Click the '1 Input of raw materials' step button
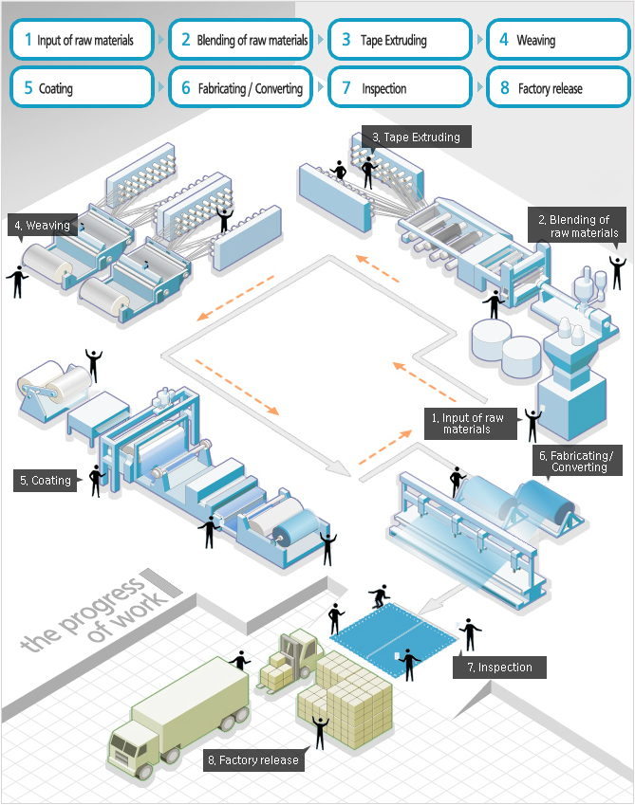coord(82,40)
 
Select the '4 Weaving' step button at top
coord(558,40)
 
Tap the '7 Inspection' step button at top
coord(400,88)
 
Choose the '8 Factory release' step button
coord(558,88)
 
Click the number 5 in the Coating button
coord(28,88)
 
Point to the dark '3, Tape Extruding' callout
coord(416,137)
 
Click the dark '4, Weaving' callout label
coord(41,226)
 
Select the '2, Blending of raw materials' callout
coord(578,226)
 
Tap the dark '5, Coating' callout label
coord(45,481)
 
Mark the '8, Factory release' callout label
coord(252,759)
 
